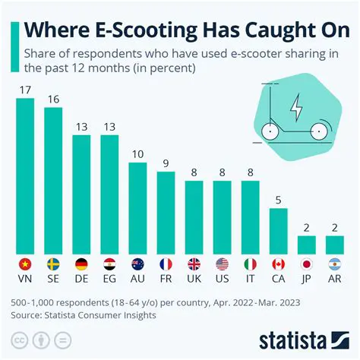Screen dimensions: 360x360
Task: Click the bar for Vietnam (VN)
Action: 26,176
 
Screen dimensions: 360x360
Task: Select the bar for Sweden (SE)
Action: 54,181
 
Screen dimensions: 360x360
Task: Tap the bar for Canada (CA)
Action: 279,231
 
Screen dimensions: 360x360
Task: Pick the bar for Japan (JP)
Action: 307,245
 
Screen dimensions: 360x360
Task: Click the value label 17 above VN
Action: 26,90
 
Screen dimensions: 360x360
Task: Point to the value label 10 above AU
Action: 138,155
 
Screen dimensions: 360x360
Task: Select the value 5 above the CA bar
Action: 279,201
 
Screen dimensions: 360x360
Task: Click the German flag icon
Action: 82,264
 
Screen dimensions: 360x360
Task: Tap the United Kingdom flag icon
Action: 194,264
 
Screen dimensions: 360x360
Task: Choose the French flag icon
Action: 166,264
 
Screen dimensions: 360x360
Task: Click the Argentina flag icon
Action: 335,264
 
